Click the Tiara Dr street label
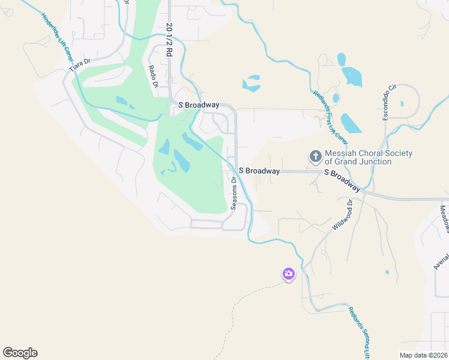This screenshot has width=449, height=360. pyautogui.click(x=79, y=65)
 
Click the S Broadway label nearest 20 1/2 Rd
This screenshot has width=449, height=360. pyautogui.click(x=199, y=105)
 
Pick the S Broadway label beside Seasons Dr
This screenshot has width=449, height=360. pyautogui.click(x=259, y=171)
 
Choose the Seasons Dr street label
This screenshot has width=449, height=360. pyautogui.click(x=234, y=193)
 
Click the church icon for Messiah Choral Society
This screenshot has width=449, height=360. pyautogui.click(x=315, y=157)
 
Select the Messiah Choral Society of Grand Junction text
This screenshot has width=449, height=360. pyautogui.click(x=369, y=157)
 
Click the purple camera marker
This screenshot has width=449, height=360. pyautogui.click(x=289, y=274)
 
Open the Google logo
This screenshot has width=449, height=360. pyautogui.click(x=20, y=353)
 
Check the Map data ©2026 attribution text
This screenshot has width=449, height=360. pyautogui.click(x=423, y=355)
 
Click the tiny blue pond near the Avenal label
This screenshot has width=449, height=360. pyautogui.click(x=387, y=272)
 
